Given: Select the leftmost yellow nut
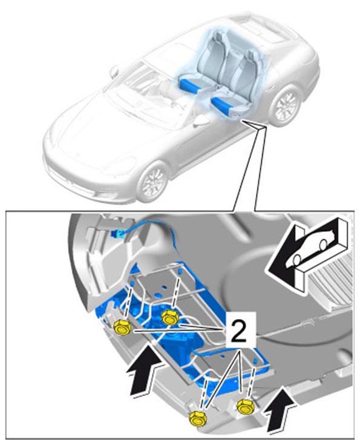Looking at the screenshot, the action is click(122, 328).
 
